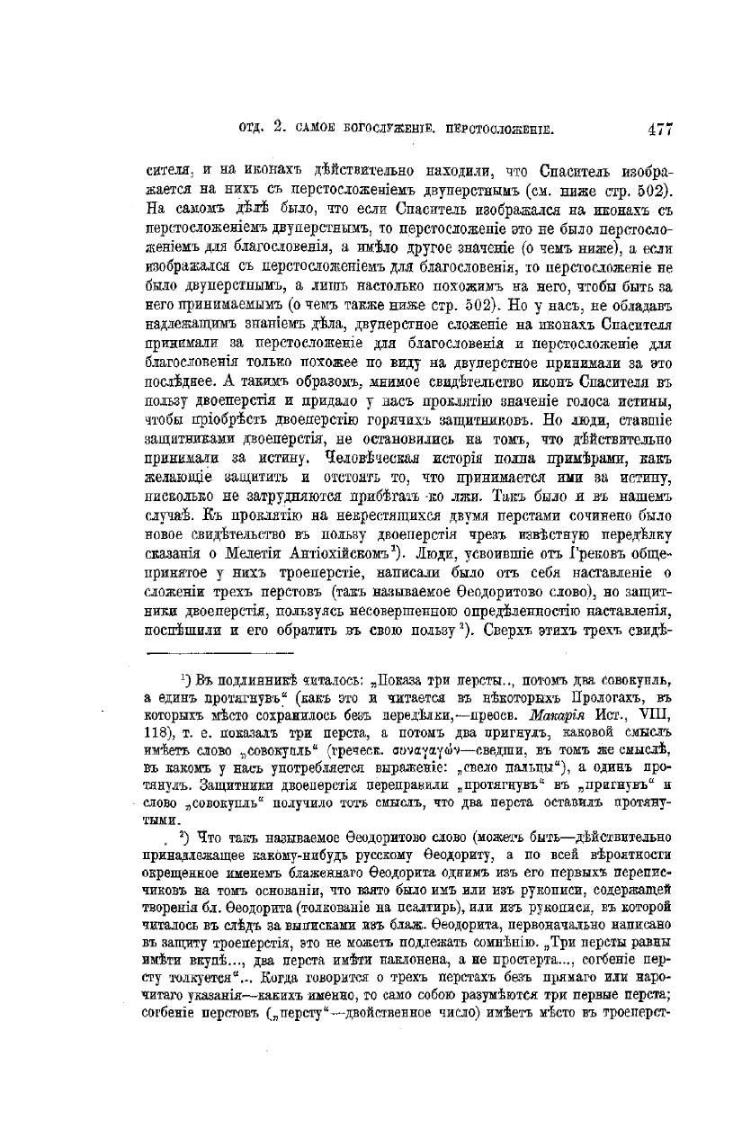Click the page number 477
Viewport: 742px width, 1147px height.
pyautogui.click(x=659, y=129)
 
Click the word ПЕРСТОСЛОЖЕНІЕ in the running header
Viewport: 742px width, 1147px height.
pyautogui.click(x=478, y=130)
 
